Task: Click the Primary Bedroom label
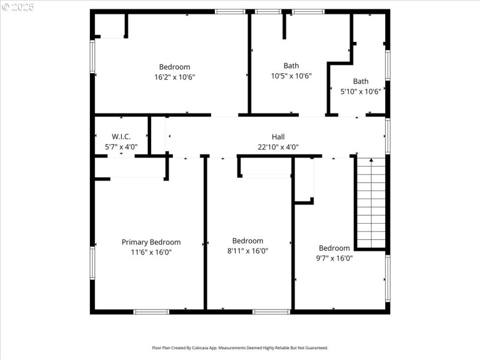(151, 242)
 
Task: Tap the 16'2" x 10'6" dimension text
(175, 77)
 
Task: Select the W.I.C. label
(121, 137)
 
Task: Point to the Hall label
(278, 137)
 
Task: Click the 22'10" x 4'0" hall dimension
(278, 147)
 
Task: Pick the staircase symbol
(371, 203)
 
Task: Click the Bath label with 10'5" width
(291, 66)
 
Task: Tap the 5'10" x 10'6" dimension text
(361, 92)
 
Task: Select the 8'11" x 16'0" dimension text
(248, 251)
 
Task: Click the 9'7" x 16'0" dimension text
(334, 259)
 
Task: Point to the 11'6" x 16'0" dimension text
(151, 253)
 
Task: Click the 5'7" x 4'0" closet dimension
(121, 147)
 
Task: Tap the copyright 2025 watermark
(18, 7)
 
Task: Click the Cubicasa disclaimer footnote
(240, 347)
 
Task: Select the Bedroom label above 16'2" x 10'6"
(175, 67)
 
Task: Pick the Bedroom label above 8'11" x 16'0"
(248, 241)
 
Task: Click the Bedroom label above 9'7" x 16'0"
(334, 248)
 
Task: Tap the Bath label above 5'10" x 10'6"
(361, 82)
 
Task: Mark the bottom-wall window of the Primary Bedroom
(151, 311)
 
